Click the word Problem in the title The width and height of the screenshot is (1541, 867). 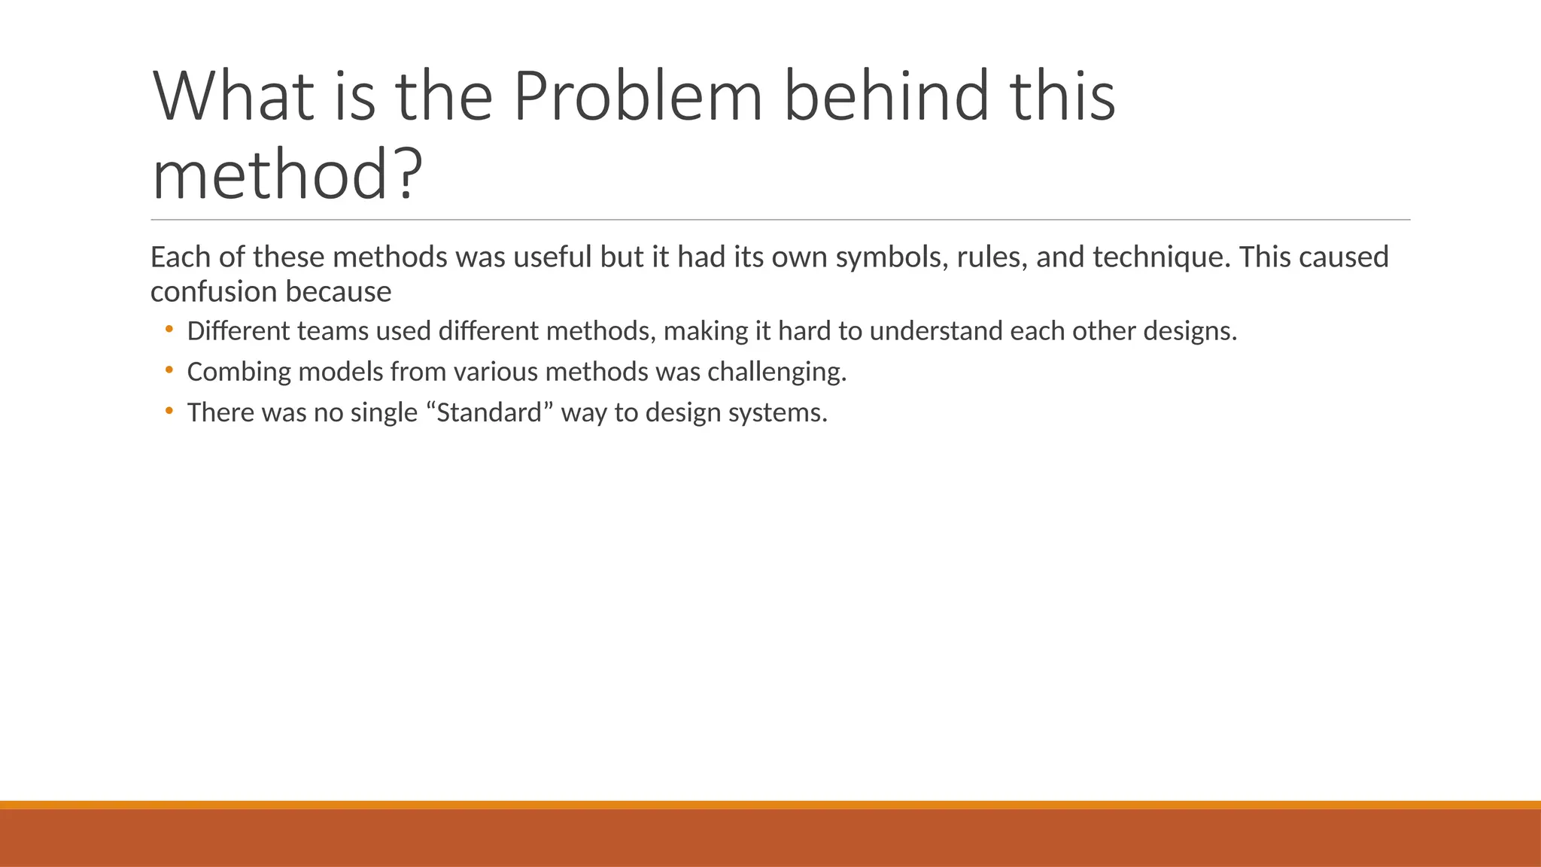tap(637, 96)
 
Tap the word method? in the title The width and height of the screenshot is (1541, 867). tap(286, 175)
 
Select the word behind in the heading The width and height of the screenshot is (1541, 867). tap(885, 96)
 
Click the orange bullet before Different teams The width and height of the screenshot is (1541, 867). tap(169, 329)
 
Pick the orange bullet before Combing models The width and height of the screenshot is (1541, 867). tap(169, 370)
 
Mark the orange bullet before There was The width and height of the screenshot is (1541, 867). tap(169, 410)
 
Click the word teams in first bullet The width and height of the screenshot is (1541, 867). tap(333, 331)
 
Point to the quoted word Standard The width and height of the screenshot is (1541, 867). tap(489, 412)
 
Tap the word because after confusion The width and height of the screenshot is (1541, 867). tap(354, 292)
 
